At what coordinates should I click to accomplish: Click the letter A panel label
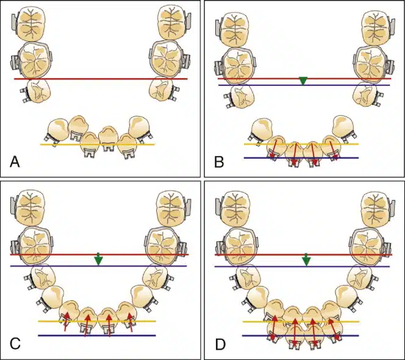point(15,162)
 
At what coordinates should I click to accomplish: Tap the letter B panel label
point(219,162)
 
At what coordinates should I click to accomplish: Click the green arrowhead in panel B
point(303,81)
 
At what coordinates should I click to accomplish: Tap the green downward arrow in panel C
point(98,259)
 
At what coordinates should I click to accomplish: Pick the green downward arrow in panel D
point(306,259)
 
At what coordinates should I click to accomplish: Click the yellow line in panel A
point(98,145)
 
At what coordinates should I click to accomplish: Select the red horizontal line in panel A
point(101,79)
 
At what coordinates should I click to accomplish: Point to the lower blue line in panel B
point(301,157)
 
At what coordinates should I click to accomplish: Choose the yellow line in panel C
point(97,321)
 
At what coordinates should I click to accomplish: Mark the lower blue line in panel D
point(301,336)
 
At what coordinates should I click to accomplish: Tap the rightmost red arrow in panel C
point(131,322)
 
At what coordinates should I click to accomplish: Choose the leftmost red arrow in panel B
point(274,149)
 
